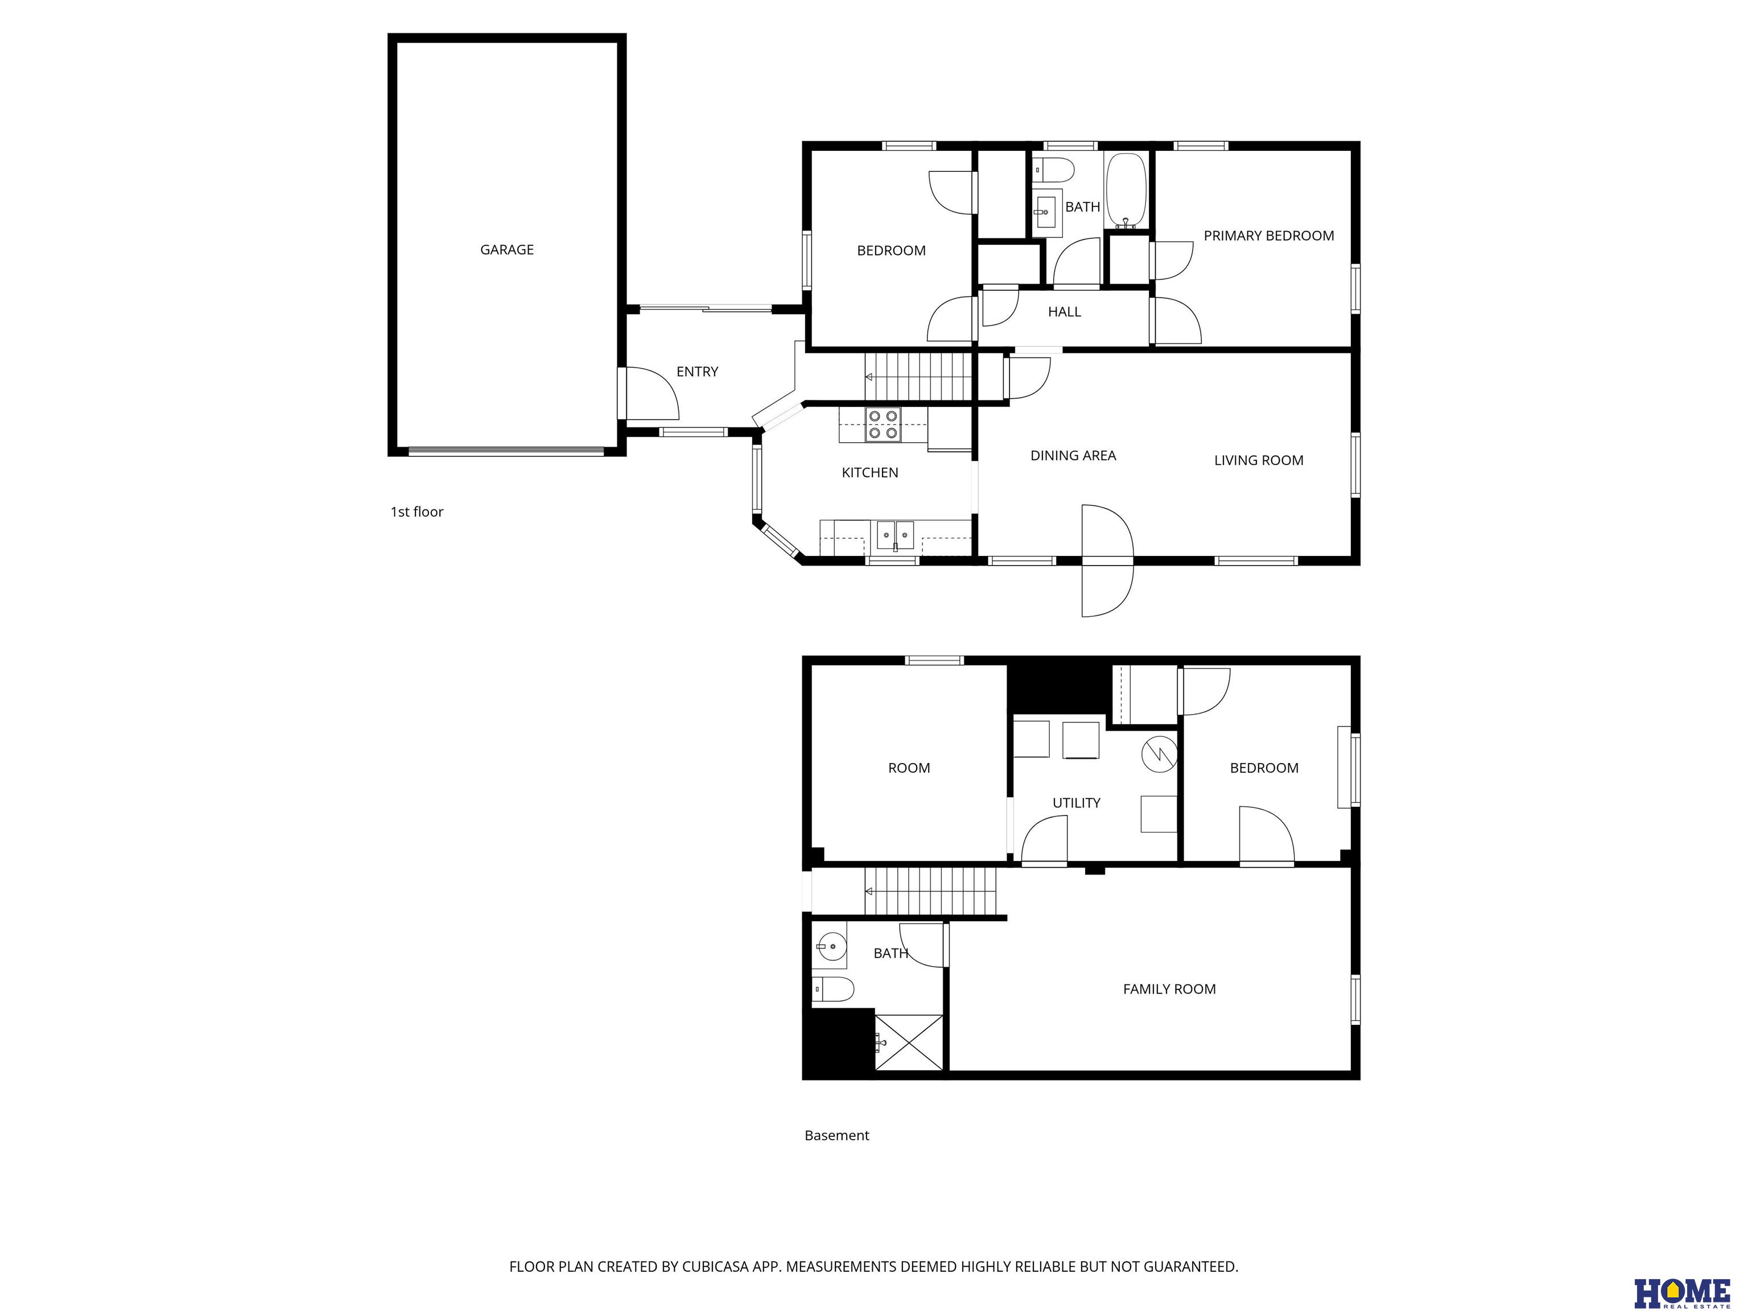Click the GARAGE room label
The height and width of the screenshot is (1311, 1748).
tap(506, 250)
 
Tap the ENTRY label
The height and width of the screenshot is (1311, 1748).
tap(697, 372)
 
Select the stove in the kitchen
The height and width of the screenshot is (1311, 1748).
tap(883, 424)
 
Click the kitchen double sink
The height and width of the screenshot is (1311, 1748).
tap(895, 535)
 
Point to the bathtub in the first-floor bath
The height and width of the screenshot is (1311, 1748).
tap(1126, 191)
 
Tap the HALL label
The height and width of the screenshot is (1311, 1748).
tap(1065, 312)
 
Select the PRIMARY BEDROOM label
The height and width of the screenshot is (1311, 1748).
tap(1268, 236)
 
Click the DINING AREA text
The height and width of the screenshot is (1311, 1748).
tap(1073, 455)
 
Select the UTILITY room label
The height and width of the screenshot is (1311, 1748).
tap(1077, 803)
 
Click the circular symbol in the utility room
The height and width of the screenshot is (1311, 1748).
tap(1159, 754)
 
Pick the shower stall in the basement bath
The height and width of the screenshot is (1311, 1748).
tap(909, 1043)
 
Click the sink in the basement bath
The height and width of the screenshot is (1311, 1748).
tap(829, 945)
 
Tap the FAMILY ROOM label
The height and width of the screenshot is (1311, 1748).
tap(1169, 990)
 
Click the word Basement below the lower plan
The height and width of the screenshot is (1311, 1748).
tap(837, 1136)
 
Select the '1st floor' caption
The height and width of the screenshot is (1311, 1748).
tap(417, 512)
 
